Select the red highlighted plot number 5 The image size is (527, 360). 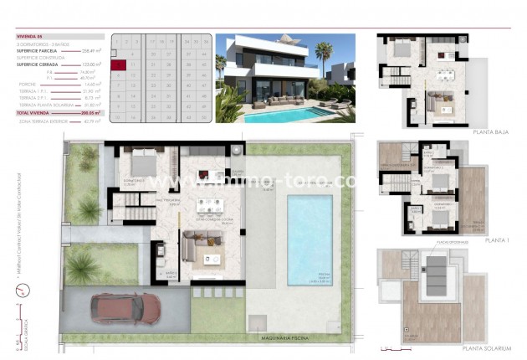tap(119, 63)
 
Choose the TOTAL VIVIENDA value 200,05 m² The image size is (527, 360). tap(90, 111)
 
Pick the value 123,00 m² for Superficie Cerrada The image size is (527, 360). tap(90, 64)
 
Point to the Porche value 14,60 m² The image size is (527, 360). tap(90, 85)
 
